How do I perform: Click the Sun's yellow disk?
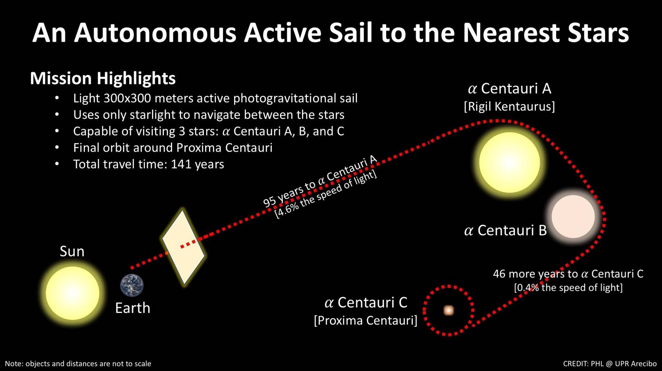[72, 293]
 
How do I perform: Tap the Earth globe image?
[132, 285]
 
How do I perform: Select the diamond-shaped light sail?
[183, 247]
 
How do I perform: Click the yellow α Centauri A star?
[509, 162]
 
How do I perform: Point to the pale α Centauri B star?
[573, 216]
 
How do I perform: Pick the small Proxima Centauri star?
[449, 310]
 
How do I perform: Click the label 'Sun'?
[72, 251]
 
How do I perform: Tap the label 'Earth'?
[132, 308]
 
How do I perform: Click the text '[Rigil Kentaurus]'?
[509, 107]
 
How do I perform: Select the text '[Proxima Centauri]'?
[366, 320]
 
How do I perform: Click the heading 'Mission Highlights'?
[103, 78]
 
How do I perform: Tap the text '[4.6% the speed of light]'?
[326, 195]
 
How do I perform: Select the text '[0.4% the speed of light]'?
[568, 288]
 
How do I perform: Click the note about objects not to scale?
[78, 364]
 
